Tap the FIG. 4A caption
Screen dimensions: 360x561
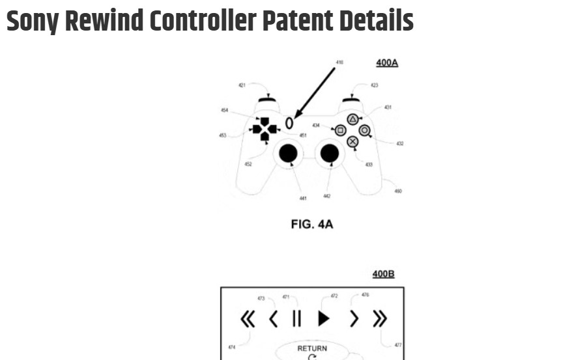click(311, 225)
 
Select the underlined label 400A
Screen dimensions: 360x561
click(386, 63)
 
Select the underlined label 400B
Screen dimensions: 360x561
click(383, 274)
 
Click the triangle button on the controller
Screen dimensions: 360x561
click(352, 119)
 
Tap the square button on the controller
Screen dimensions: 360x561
click(340, 130)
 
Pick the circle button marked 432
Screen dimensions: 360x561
click(364, 130)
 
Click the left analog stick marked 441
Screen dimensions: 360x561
click(288, 153)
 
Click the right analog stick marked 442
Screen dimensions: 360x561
click(330, 153)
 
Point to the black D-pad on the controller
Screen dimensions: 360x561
click(265, 129)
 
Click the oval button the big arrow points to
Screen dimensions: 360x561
click(289, 122)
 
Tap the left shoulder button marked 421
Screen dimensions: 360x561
click(266, 100)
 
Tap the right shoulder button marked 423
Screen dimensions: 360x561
click(352, 100)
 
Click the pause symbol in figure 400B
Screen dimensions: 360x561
click(297, 319)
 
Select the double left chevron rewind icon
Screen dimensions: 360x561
click(248, 319)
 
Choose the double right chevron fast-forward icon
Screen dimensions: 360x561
click(379, 319)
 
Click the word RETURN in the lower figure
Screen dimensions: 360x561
click(312, 348)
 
